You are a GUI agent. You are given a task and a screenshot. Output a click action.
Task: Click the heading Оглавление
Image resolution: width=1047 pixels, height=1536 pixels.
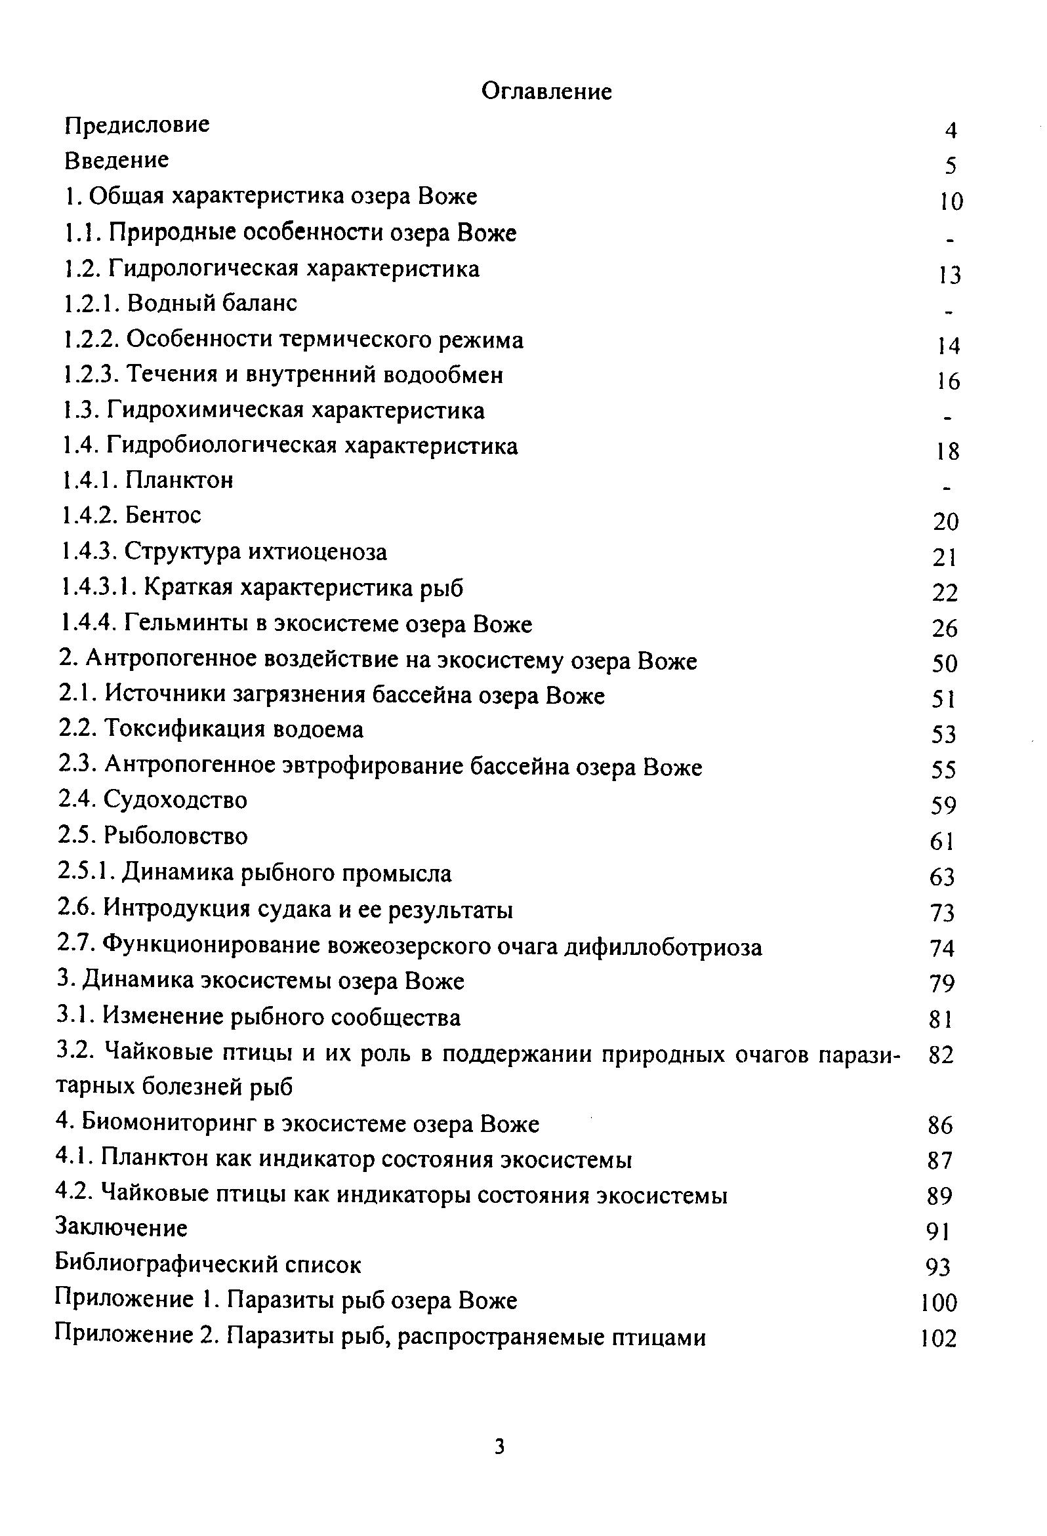[546, 92]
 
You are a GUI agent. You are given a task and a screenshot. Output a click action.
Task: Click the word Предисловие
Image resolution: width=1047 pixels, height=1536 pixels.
[138, 125]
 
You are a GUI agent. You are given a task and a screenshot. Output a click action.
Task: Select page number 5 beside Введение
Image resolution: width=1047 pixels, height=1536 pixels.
[951, 165]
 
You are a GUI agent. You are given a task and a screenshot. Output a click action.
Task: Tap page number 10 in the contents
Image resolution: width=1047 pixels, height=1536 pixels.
[951, 201]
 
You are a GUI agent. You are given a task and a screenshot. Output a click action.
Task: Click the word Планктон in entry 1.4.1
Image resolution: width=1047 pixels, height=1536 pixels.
[179, 480]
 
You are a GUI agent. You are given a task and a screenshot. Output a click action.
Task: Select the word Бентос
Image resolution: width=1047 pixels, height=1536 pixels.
[163, 515]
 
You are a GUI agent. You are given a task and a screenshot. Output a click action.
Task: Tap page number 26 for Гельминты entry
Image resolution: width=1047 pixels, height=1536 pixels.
[945, 628]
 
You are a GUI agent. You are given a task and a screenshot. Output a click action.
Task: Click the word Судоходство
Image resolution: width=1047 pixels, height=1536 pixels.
[175, 800]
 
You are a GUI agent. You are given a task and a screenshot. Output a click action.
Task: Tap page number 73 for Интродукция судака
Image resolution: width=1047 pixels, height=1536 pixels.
[942, 914]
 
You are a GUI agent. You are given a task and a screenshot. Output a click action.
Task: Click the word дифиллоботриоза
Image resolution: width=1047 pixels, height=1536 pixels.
[663, 948]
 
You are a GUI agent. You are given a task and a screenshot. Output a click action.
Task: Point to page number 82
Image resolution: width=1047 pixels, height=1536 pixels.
[941, 1055]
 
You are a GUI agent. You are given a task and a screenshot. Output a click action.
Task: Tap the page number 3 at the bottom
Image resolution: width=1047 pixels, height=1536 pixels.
[500, 1447]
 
